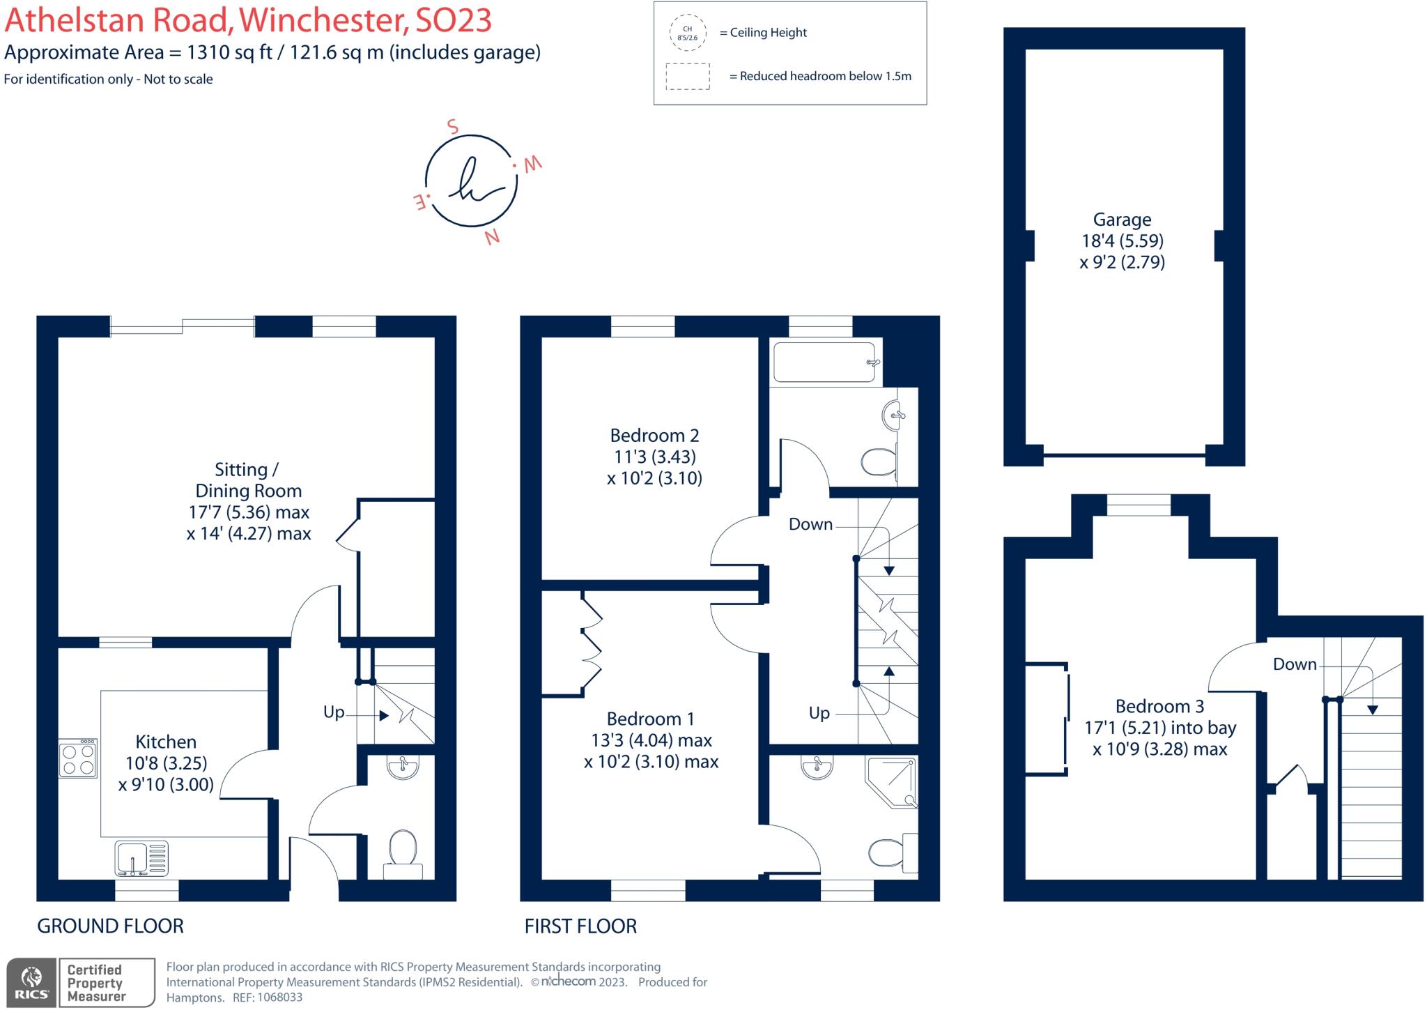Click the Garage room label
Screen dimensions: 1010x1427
[1122, 220]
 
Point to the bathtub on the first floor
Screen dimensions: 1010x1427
[825, 362]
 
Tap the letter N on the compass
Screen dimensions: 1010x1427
[492, 237]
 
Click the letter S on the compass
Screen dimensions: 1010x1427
[453, 127]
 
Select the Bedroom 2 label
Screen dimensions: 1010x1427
[654, 436]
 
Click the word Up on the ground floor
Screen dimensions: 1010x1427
[334, 712]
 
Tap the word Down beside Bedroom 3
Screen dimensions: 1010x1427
[1295, 664]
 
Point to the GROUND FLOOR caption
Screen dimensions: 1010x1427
[110, 926]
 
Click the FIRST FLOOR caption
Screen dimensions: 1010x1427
[580, 926]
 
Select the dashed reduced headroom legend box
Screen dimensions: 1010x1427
[687, 76]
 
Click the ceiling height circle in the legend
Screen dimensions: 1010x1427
[687, 33]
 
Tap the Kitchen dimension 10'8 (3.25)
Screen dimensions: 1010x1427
[167, 763]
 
